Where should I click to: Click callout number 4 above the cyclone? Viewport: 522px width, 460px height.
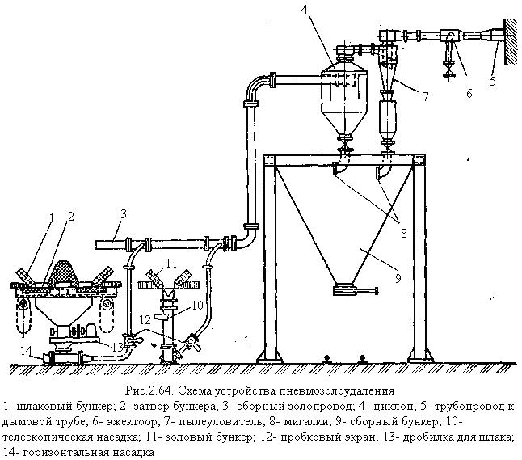coord(327,10)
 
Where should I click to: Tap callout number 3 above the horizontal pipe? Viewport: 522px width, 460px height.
coord(124,214)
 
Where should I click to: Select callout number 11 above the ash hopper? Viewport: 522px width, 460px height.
coord(171,264)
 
